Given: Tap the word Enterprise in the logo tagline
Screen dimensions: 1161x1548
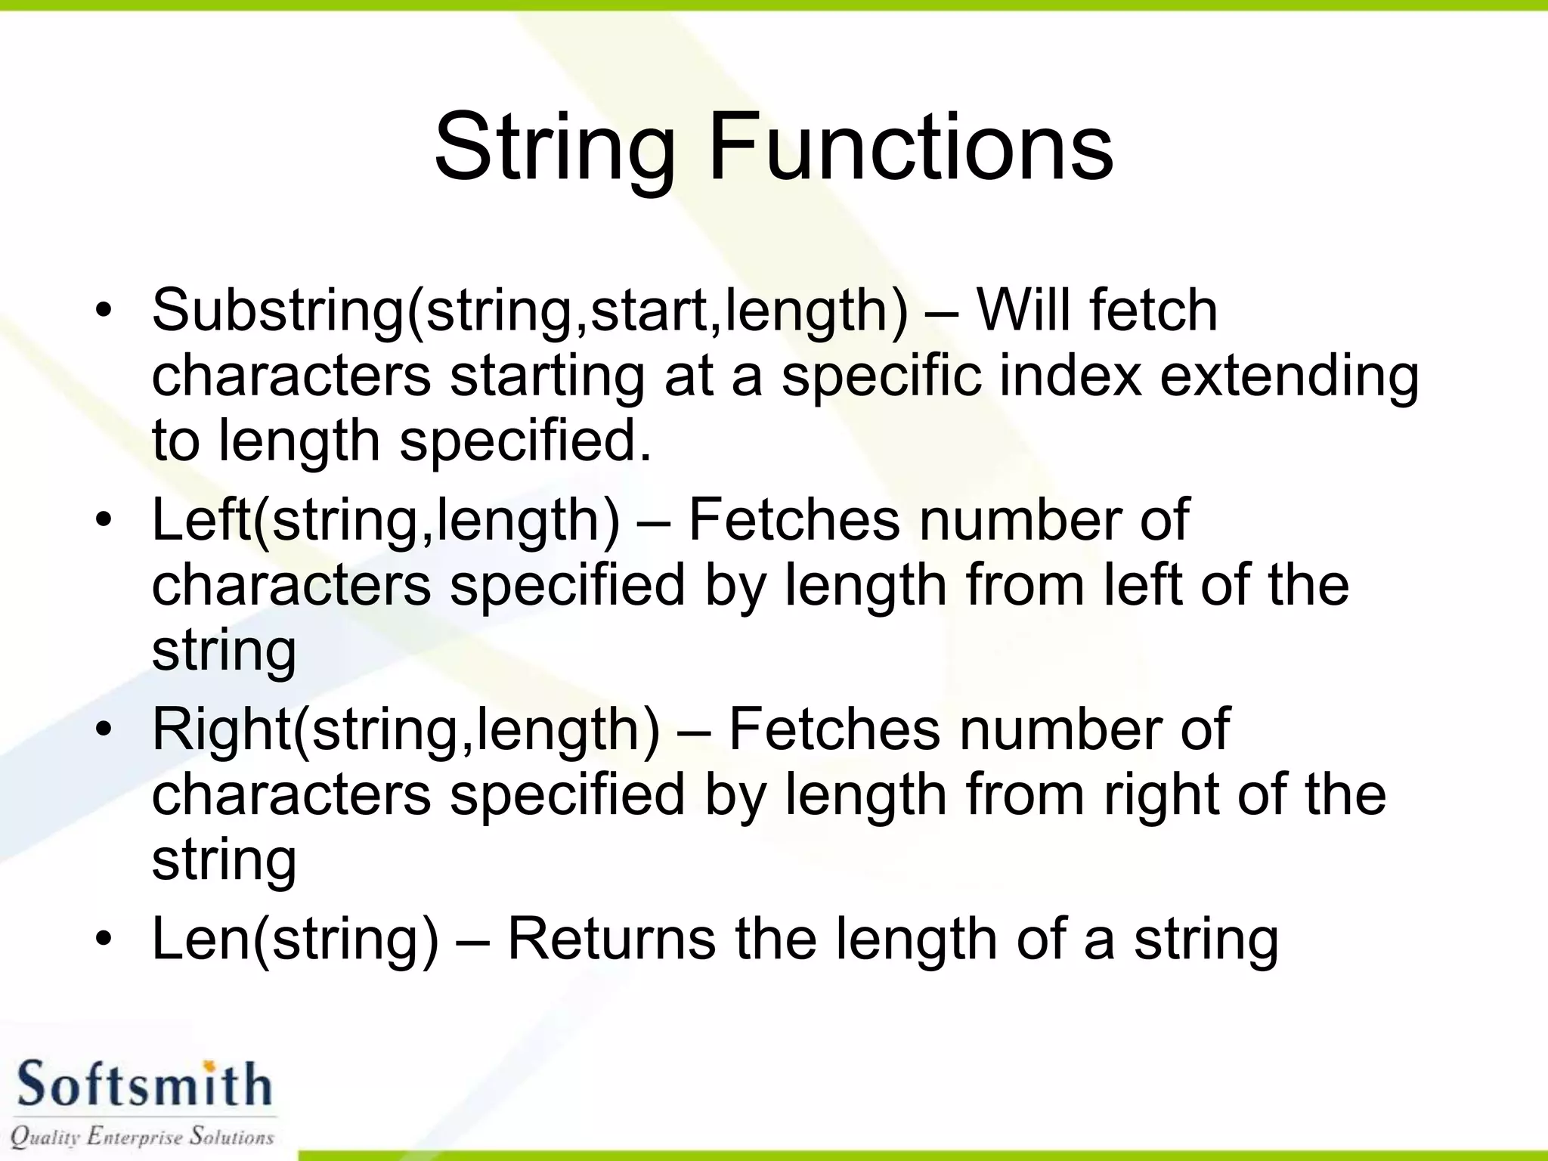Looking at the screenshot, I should tap(135, 1136).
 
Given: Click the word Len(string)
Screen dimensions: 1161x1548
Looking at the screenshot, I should tap(295, 941).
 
